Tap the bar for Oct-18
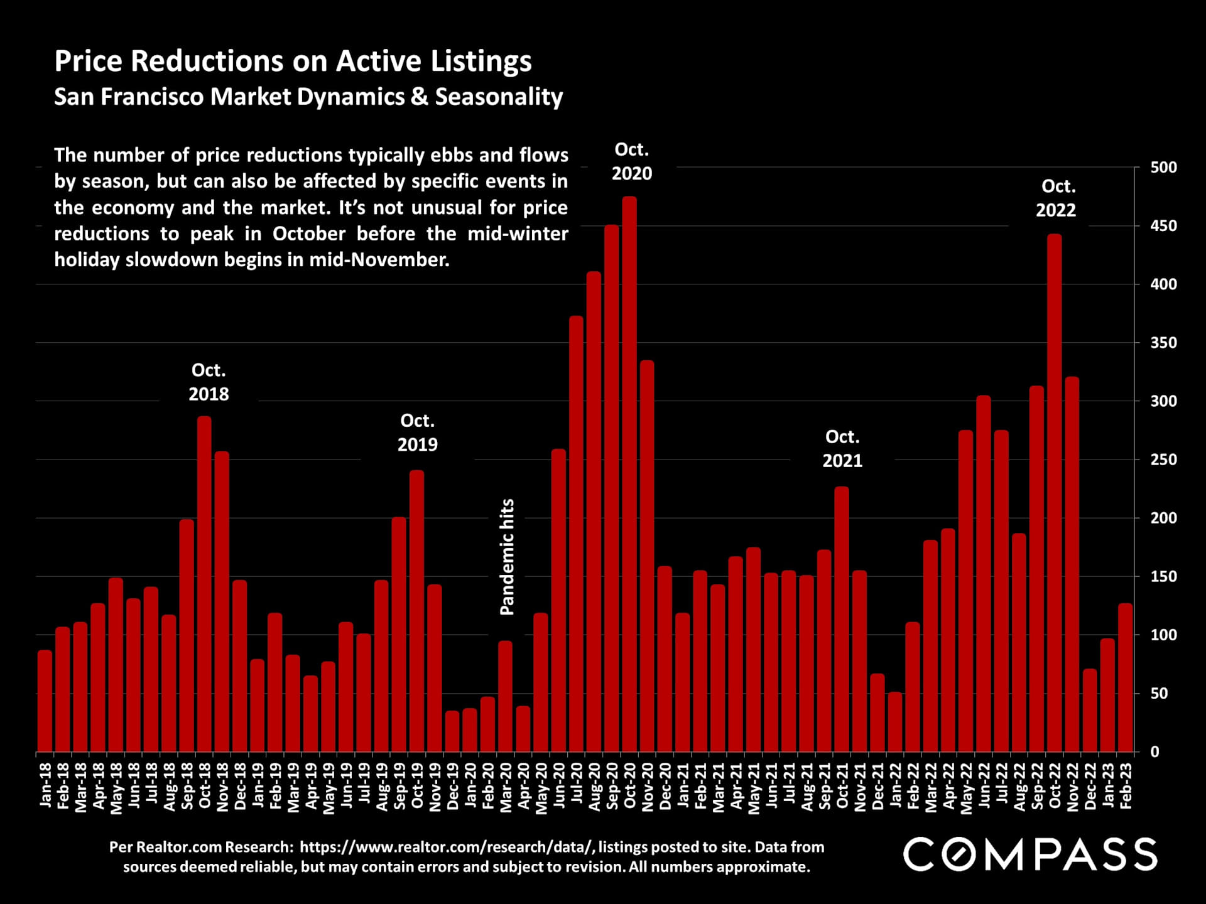[x=204, y=584]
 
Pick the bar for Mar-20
[x=505, y=697]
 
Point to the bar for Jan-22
[x=895, y=723]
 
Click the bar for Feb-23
[x=1126, y=678]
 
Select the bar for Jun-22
[x=984, y=574]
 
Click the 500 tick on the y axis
[x=1163, y=168]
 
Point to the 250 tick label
[x=1163, y=460]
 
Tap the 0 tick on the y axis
[x=1154, y=752]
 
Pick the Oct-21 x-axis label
[x=842, y=786]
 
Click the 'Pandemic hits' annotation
[x=507, y=557]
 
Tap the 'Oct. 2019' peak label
[x=417, y=433]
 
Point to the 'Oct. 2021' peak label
[x=842, y=449]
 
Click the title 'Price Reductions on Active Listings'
[x=293, y=62]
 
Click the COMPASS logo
[x=1030, y=854]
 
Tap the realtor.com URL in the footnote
[x=446, y=847]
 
